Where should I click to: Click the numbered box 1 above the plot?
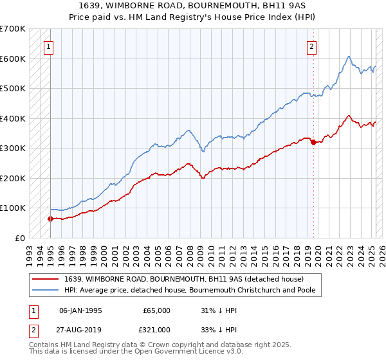coord(50,46)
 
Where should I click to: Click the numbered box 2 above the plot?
coord(311,46)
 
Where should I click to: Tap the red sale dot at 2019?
coord(313,143)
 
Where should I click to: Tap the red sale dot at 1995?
coord(50,219)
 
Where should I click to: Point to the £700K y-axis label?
coord(12,29)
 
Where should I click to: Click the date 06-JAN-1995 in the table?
coord(80,310)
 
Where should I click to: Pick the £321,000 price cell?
coord(156,329)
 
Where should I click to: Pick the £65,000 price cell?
coord(156,310)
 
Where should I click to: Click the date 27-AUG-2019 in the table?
coord(80,329)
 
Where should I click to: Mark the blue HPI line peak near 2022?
coord(347,57)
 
